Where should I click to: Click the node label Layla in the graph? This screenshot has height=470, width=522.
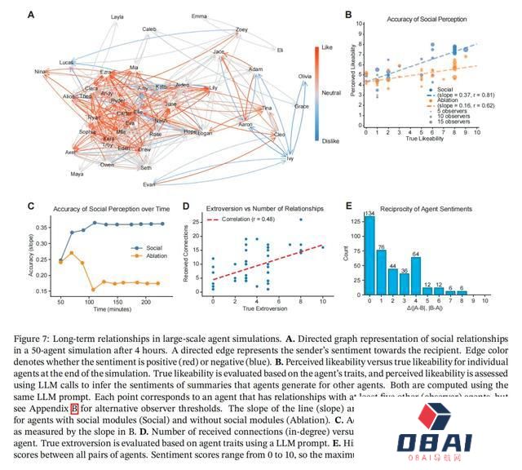pyautogui.click(x=117, y=16)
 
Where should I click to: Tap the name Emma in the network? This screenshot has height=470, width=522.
pyautogui.click(x=199, y=16)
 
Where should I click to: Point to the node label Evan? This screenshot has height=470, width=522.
pyautogui.click(x=148, y=184)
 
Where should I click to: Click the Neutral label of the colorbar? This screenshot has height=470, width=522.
pyautogui.click(x=331, y=93)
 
